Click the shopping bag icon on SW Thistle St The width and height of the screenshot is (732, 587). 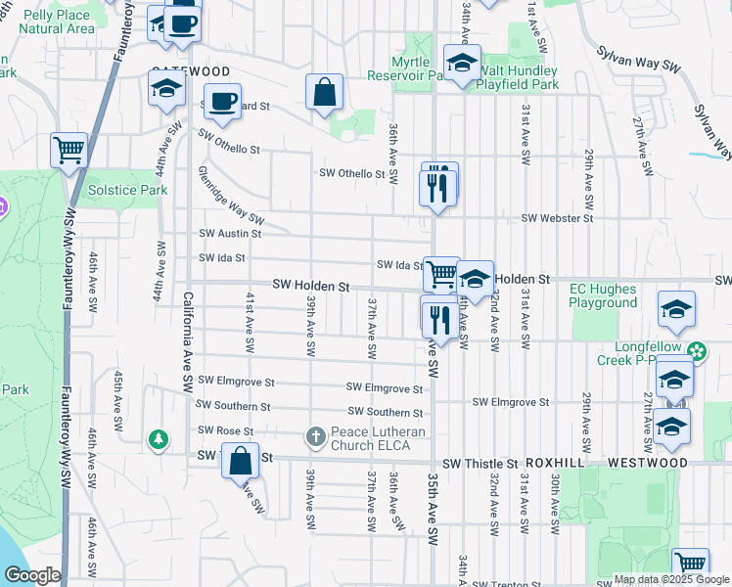click(x=240, y=460)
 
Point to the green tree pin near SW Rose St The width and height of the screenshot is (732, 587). click(x=158, y=440)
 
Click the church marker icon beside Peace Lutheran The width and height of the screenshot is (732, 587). click(x=316, y=435)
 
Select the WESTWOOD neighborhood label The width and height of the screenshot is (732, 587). click(x=647, y=462)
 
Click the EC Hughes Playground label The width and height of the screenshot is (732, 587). click(x=603, y=295)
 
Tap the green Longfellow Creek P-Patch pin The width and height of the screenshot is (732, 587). click(x=696, y=349)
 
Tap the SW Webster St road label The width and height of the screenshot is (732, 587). click(x=557, y=218)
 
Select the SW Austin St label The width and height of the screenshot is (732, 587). click(x=230, y=234)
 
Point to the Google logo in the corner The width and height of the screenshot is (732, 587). click(x=32, y=575)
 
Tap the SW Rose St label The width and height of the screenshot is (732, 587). click(x=225, y=430)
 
